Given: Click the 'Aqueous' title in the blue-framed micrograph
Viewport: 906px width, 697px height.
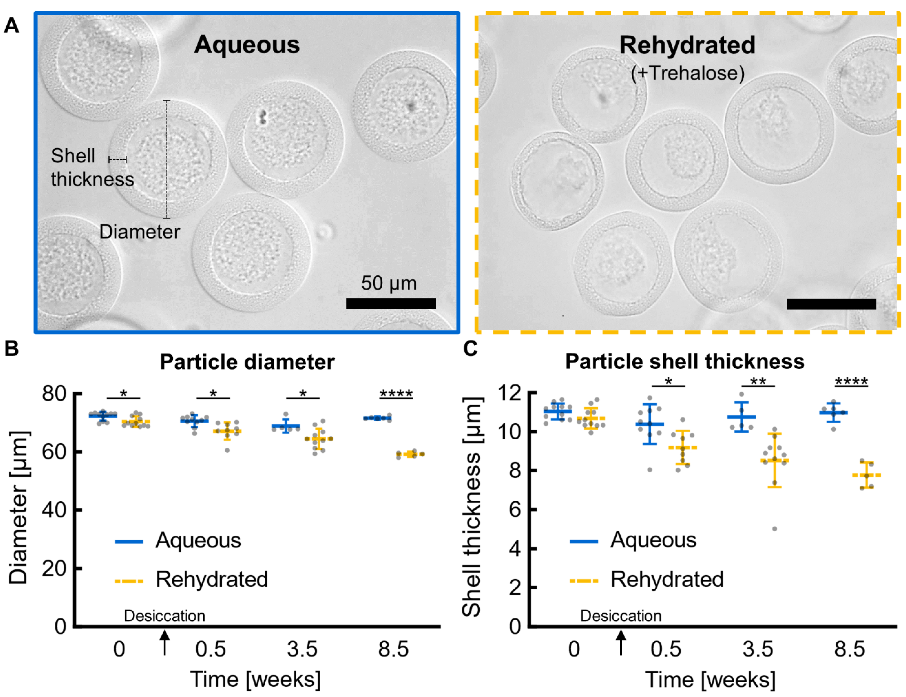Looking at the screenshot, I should (x=247, y=44).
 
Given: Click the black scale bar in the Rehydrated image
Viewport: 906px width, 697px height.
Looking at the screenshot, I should (x=831, y=304).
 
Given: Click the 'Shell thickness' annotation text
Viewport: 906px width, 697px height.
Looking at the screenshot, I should (x=92, y=168).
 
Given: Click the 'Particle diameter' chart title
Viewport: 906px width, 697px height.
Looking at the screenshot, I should (x=247, y=362).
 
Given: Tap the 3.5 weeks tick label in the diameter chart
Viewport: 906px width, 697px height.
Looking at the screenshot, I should (x=302, y=649).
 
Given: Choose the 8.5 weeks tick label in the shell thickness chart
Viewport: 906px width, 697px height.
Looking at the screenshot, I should (x=850, y=649).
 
